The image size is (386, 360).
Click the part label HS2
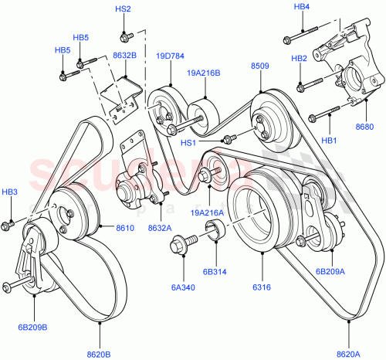[x=123, y=8]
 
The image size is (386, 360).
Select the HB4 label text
[x=301, y=7]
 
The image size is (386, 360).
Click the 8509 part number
[x=259, y=66]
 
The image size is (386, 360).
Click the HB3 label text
[x=9, y=192]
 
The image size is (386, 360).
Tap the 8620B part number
[x=99, y=355]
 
